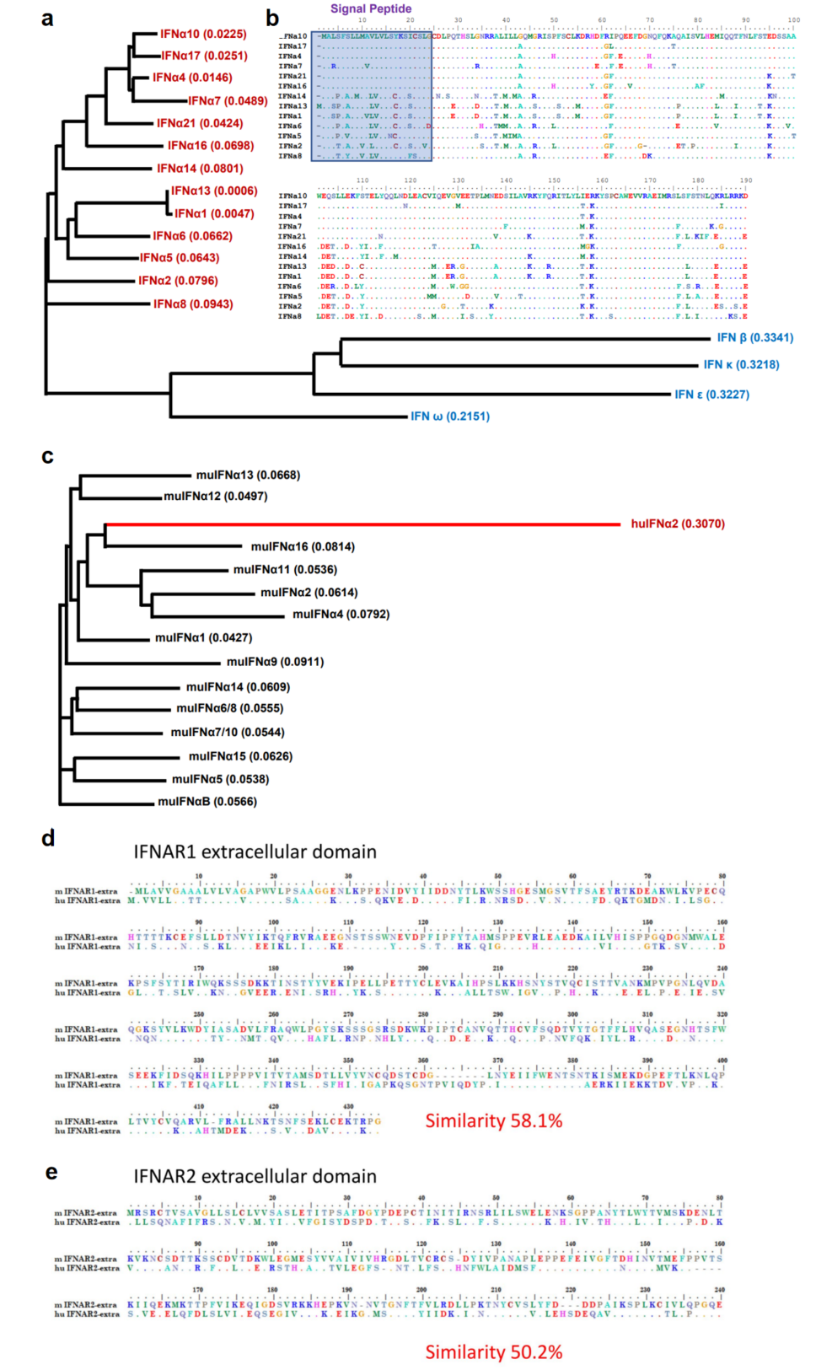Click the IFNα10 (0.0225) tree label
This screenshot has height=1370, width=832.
coord(203,35)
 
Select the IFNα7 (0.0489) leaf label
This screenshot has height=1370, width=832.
coord(228,101)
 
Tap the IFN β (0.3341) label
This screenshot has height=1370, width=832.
coord(754,338)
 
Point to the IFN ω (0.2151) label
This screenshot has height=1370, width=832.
coord(449,416)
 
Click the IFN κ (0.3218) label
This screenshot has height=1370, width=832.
coord(741,365)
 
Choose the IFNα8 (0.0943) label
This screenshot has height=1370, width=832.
coord(193,304)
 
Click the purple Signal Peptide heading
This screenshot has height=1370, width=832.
coord(371,9)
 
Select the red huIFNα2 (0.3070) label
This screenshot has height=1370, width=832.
coord(678,524)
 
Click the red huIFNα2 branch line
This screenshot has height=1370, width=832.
coord(362,524)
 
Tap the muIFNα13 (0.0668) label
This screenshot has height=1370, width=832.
coord(248,475)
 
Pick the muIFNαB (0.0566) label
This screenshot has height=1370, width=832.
coord(207,802)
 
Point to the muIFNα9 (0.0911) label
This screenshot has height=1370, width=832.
coord(275,662)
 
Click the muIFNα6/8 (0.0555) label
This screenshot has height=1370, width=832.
coord(229,709)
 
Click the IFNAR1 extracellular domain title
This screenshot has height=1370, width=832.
coord(255,852)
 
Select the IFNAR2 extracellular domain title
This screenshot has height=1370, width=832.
coord(255,1177)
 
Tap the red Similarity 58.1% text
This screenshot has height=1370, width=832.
coord(493,1121)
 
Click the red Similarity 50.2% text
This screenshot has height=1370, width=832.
coord(493,1352)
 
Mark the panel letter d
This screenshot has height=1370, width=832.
coord(48,838)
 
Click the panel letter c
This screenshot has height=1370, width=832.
coord(47,457)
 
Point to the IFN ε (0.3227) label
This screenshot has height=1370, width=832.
coord(711,395)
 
